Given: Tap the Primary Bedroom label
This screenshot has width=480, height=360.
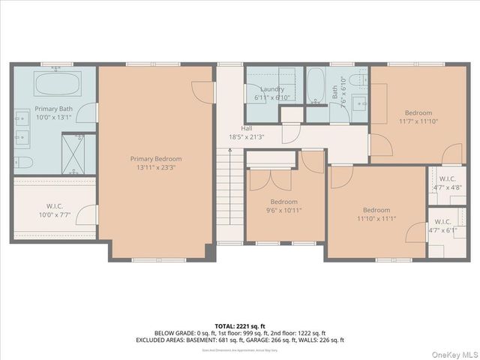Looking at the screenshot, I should [x=156, y=158].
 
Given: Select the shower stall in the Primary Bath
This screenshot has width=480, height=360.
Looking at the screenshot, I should [x=73, y=154].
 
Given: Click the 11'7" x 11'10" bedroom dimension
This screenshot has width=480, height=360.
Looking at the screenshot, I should [x=418, y=121].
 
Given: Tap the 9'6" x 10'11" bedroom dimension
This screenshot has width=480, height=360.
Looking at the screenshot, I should [x=284, y=210].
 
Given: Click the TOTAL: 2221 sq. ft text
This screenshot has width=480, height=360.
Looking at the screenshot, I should [x=240, y=325].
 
